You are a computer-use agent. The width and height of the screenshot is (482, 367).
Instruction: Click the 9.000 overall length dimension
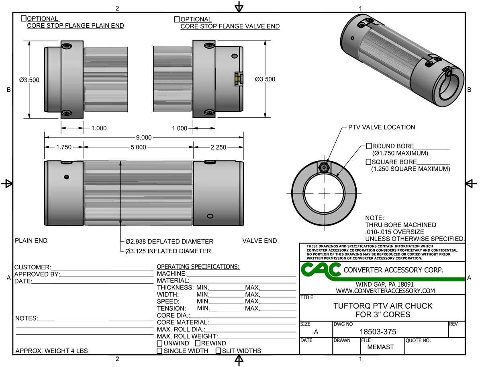144,137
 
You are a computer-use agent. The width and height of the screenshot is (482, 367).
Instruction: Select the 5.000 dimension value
138,148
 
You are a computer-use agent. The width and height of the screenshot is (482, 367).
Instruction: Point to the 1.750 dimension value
63,148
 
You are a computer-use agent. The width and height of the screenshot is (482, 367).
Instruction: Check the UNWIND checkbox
160,344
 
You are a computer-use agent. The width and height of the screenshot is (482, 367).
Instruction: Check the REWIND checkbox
198,344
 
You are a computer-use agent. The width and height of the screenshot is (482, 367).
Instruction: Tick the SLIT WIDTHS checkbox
219,351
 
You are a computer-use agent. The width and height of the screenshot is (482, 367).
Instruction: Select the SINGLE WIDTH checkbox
160,351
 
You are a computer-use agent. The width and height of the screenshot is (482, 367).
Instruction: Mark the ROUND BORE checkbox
368,146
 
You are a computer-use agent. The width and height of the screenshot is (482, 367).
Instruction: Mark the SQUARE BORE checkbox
368,162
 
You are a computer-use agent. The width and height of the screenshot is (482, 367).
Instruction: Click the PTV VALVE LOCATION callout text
379,127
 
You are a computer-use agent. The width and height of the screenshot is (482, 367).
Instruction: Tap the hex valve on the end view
323,166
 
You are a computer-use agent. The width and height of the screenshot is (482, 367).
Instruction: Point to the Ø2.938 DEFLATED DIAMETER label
169,242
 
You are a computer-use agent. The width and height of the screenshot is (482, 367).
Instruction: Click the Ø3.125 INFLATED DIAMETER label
168,251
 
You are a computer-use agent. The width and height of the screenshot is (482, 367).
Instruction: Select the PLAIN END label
31,241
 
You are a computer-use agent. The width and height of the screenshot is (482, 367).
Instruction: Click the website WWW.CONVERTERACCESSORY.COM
385,291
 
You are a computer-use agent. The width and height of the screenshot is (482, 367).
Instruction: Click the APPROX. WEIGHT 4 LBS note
51,351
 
